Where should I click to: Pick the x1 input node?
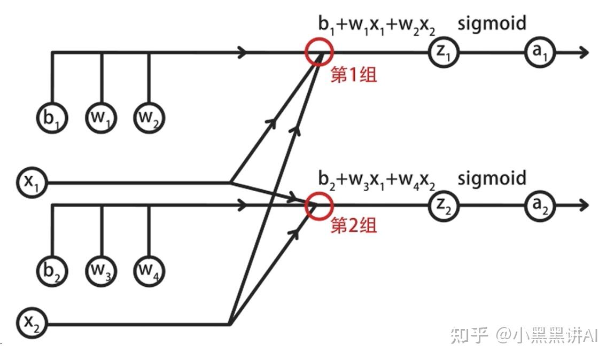click(32, 183)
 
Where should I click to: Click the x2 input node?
click(32, 323)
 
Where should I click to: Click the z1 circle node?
click(443, 52)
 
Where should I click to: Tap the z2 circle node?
click(443, 206)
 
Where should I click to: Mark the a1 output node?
click(540, 52)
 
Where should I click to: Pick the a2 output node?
click(540, 206)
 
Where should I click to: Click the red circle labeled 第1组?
click(319, 51)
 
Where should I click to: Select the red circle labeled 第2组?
click(319, 206)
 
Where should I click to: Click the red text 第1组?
click(353, 75)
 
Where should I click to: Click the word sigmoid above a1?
click(492, 24)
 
